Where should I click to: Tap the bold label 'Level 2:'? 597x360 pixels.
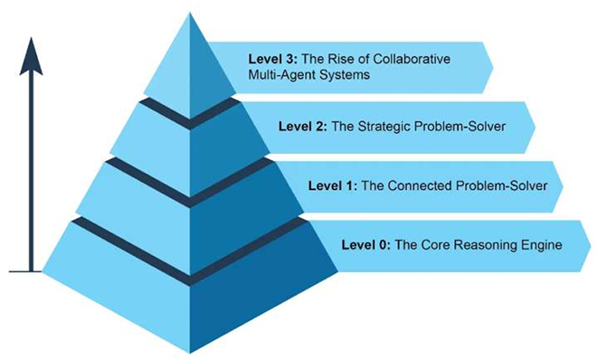(x=303, y=127)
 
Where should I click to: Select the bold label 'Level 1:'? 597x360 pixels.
(x=333, y=185)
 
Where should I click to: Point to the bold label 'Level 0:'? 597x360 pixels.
(x=366, y=245)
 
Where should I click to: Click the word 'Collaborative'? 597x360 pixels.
(x=412, y=59)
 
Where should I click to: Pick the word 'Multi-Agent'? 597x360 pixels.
(x=281, y=74)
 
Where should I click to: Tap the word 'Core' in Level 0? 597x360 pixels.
(x=435, y=245)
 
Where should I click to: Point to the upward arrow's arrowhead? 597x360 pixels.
(x=31, y=56)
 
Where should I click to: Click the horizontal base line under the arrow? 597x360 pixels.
(x=25, y=271)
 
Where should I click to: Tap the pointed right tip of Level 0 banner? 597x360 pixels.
(x=591, y=246)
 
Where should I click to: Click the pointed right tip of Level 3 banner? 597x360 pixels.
(x=493, y=68)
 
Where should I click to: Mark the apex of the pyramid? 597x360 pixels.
(x=190, y=13)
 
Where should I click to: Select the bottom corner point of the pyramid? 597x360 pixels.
(x=190, y=353)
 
